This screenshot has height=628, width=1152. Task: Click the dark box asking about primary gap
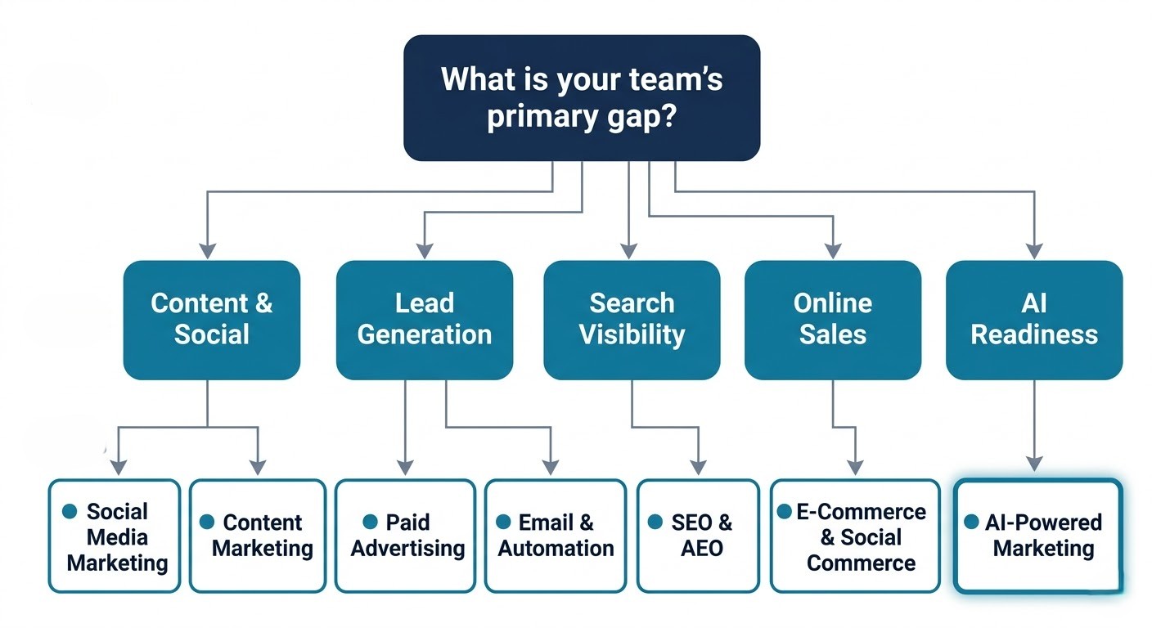click(581, 98)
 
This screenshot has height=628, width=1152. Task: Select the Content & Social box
click(212, 320)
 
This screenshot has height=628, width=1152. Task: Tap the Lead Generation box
click(425, 320)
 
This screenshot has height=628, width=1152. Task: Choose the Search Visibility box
click(632, 320)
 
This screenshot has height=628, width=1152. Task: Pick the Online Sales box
click(833, 320)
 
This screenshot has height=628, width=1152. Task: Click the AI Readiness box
click(1034, 320)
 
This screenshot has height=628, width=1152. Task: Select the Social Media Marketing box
click(114, 536)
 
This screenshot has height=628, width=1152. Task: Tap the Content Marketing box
click(259, 536)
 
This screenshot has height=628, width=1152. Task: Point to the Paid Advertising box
click(405, 536)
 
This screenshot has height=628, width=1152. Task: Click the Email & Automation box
click(556, 536)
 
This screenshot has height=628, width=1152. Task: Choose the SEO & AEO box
click(698, 536)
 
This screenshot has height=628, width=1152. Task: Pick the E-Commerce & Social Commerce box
click(855, 536)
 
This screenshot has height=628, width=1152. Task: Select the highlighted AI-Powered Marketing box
click(1037, 536)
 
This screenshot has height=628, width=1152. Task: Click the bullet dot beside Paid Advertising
click(371, 522)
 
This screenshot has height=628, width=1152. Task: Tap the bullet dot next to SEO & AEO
click(655, 522)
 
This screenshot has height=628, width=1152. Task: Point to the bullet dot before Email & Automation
click(503, 522)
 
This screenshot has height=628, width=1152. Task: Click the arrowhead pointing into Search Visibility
click(628, 250)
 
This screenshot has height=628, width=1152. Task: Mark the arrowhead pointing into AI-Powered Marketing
click(1035, 464)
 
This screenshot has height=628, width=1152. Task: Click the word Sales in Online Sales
click(833, 334)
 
